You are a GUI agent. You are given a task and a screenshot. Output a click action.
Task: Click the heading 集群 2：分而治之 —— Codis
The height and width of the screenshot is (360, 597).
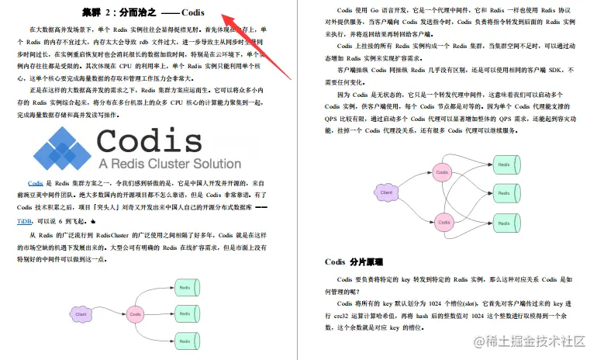click(x=143, y=12)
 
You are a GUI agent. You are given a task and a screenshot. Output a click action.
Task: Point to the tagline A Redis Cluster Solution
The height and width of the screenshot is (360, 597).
click(x=169, y=164)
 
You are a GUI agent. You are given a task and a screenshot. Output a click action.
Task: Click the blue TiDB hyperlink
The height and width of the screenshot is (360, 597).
click(x=25, y=221)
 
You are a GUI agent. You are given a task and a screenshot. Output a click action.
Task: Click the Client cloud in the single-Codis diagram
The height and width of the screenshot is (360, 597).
click(x=81, y=314)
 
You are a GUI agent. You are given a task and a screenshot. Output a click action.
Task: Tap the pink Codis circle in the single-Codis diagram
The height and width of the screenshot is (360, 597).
click(x=136, y=314)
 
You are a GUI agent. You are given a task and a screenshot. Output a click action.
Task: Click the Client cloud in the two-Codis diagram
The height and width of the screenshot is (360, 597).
click(x=385, y=192)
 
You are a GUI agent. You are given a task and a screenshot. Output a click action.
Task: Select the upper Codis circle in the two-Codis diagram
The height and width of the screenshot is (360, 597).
click(x=442, y=171)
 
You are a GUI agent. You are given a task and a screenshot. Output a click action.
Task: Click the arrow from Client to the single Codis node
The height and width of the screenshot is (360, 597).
click(x=109, y=314)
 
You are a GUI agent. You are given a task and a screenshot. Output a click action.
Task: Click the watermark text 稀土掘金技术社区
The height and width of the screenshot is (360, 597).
click(x=533, y=341)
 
